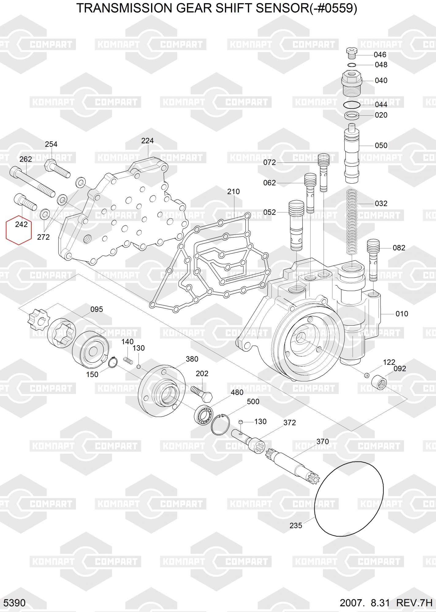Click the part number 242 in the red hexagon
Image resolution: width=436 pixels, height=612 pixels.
(21, 224)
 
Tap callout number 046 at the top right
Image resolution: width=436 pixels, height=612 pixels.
(380, 55)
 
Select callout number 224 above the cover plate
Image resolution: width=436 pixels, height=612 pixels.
(147, 141)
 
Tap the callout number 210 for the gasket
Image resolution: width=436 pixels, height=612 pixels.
(233, 192)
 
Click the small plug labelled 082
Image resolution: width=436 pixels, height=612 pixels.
(373, 260)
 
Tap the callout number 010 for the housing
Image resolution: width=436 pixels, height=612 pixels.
(402, 314)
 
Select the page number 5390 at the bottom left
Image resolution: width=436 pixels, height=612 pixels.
(15, 603)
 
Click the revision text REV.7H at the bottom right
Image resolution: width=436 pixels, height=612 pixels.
(414, 603)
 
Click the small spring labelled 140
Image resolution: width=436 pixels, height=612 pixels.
(128, 360)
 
